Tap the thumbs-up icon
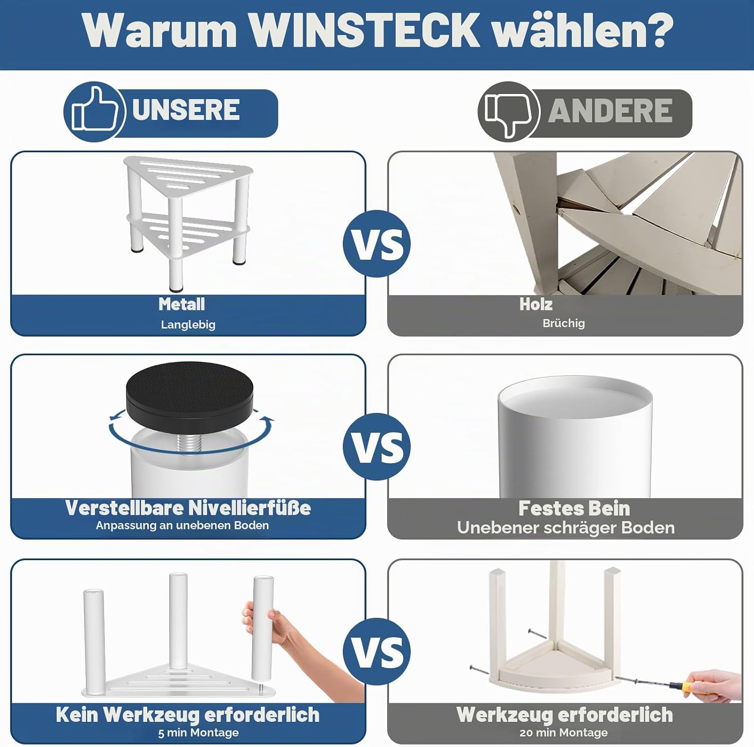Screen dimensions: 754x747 click(x=94, y=112)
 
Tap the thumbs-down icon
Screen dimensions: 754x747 click(x=509, y=112)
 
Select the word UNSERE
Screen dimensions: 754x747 click(x=186, y=110)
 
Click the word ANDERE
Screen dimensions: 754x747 click(x=610, y=111)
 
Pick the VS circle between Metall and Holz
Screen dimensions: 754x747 click(x=377, y=244)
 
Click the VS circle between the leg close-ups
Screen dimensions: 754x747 click(x=377, y=447)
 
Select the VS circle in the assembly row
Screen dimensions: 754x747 click(x=377, y=652)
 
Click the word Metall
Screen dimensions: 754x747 click(x=181, y=304)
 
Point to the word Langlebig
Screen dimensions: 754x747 click(x=188, y=325)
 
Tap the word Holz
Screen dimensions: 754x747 click(x=536, y=304)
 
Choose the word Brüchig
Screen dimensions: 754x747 click(x=563, y=323)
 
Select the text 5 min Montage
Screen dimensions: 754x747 click(x=198, y=733)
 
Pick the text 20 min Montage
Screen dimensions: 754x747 click(x=563, y=733)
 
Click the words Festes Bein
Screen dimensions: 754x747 click(x=574, y=508)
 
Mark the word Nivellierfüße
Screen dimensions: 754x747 click(x=250, y=508)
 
